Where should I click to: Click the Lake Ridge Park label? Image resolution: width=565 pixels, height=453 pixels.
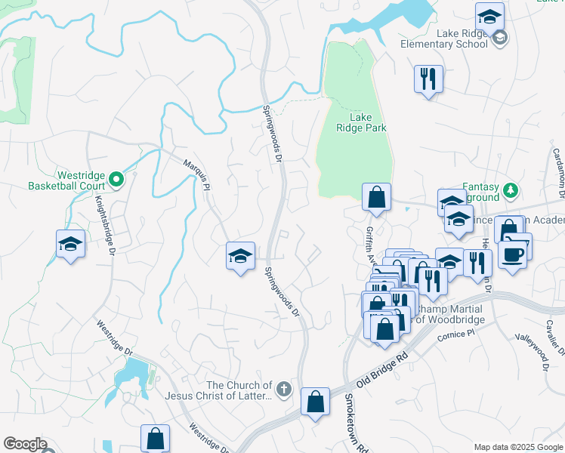click(361, 122)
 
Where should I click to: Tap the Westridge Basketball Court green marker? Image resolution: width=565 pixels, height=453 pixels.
click(116, 179)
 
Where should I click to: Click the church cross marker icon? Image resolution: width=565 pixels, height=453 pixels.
click(283, 390)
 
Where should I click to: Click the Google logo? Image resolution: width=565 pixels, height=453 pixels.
click(25, 444)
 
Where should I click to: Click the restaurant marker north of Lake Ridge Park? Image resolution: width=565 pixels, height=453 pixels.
click(428, 78)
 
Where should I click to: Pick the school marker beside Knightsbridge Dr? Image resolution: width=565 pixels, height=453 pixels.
click(70, 243)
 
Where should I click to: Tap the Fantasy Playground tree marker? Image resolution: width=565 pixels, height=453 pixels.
click(511, 189)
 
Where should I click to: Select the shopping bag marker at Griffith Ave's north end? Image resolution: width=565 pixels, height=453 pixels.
click(376, 198)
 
